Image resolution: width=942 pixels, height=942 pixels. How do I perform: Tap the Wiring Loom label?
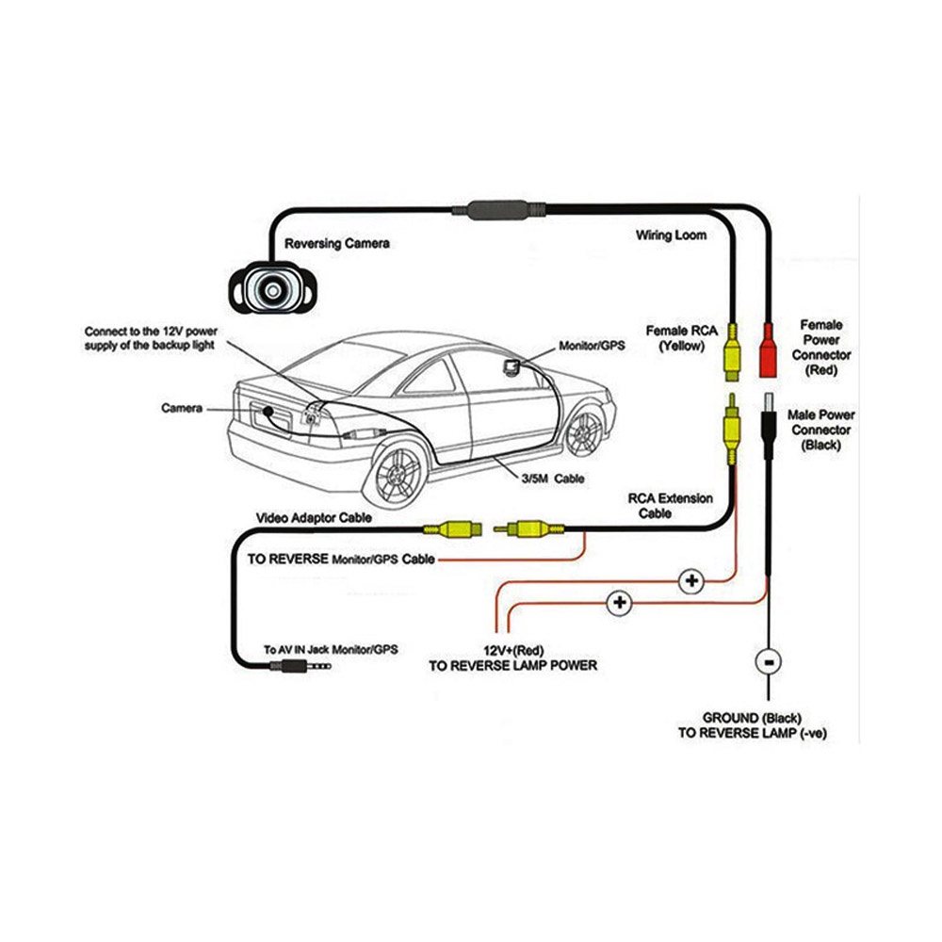click(671, 235)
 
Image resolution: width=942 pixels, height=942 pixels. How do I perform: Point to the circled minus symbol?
click(769, 661)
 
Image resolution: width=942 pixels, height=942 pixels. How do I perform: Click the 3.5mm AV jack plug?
click(300, 665)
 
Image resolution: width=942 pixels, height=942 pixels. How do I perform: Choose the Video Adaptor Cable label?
click(314, 518)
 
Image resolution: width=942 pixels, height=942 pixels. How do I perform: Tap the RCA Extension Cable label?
click(670, 505)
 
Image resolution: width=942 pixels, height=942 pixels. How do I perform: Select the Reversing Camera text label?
click(337, 243)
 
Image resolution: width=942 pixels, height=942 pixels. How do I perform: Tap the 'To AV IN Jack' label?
click(332, 649)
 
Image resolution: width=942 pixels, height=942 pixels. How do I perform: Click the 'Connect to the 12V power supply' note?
click(151, 338)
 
